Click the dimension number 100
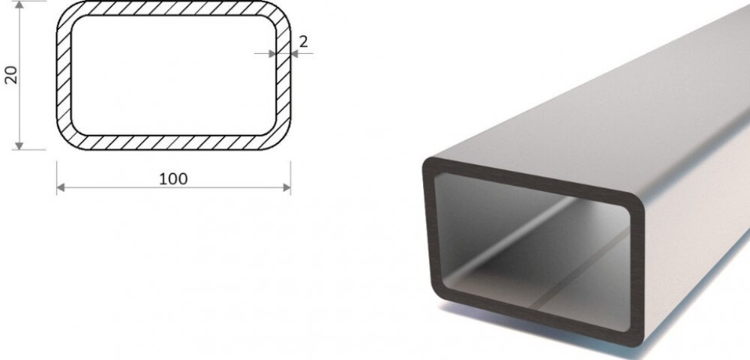(173, 178)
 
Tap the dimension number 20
(10, 75)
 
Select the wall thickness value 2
(303, 42)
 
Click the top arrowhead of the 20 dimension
(19, 4)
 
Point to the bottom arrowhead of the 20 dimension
(19, 145)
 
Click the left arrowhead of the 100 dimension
(61, 188)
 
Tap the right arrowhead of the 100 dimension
(287, 188)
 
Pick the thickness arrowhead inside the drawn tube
(272, 54)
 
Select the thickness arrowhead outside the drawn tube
(294, 54)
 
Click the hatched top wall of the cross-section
(174, 8)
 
